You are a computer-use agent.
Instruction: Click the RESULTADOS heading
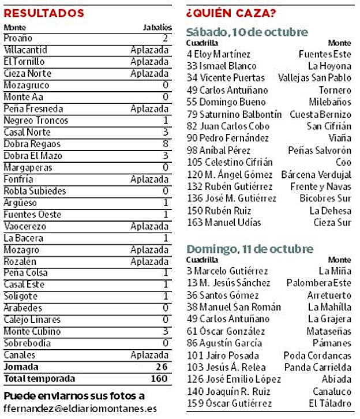[x=44, y=13]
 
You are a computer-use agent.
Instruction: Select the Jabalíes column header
[x=157, y=27]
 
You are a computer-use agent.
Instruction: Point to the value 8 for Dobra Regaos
[x=166, y=144]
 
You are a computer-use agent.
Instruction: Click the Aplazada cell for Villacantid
[x=150, y=50]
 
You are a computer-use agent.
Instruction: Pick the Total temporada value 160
[x=159, y=379]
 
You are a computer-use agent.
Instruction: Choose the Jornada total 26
[x=162, y=367]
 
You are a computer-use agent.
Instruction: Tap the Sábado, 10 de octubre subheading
[x=247, y=32]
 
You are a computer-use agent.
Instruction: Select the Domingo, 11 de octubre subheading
[x=250, y=249]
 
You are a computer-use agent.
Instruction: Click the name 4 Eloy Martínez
[x=219, y=54]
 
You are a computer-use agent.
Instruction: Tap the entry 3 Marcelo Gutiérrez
[x=227, y=271]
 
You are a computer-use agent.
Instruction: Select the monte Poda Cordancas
[x=317, y=355]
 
